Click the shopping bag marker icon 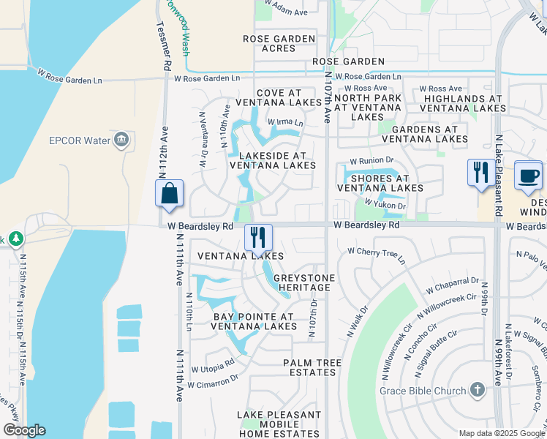pos(169,194)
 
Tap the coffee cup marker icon pos(529,175)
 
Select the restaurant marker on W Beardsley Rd pos(258,237)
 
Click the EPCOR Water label pos(79,140)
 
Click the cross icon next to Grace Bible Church pos(478,390)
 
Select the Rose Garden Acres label pos(279,44)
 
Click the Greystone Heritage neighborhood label pos(304,283)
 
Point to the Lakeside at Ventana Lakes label pos(273,160)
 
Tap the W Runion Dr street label pos(371,160)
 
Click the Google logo pos(24,430)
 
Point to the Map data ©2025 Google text pos(501,433)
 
